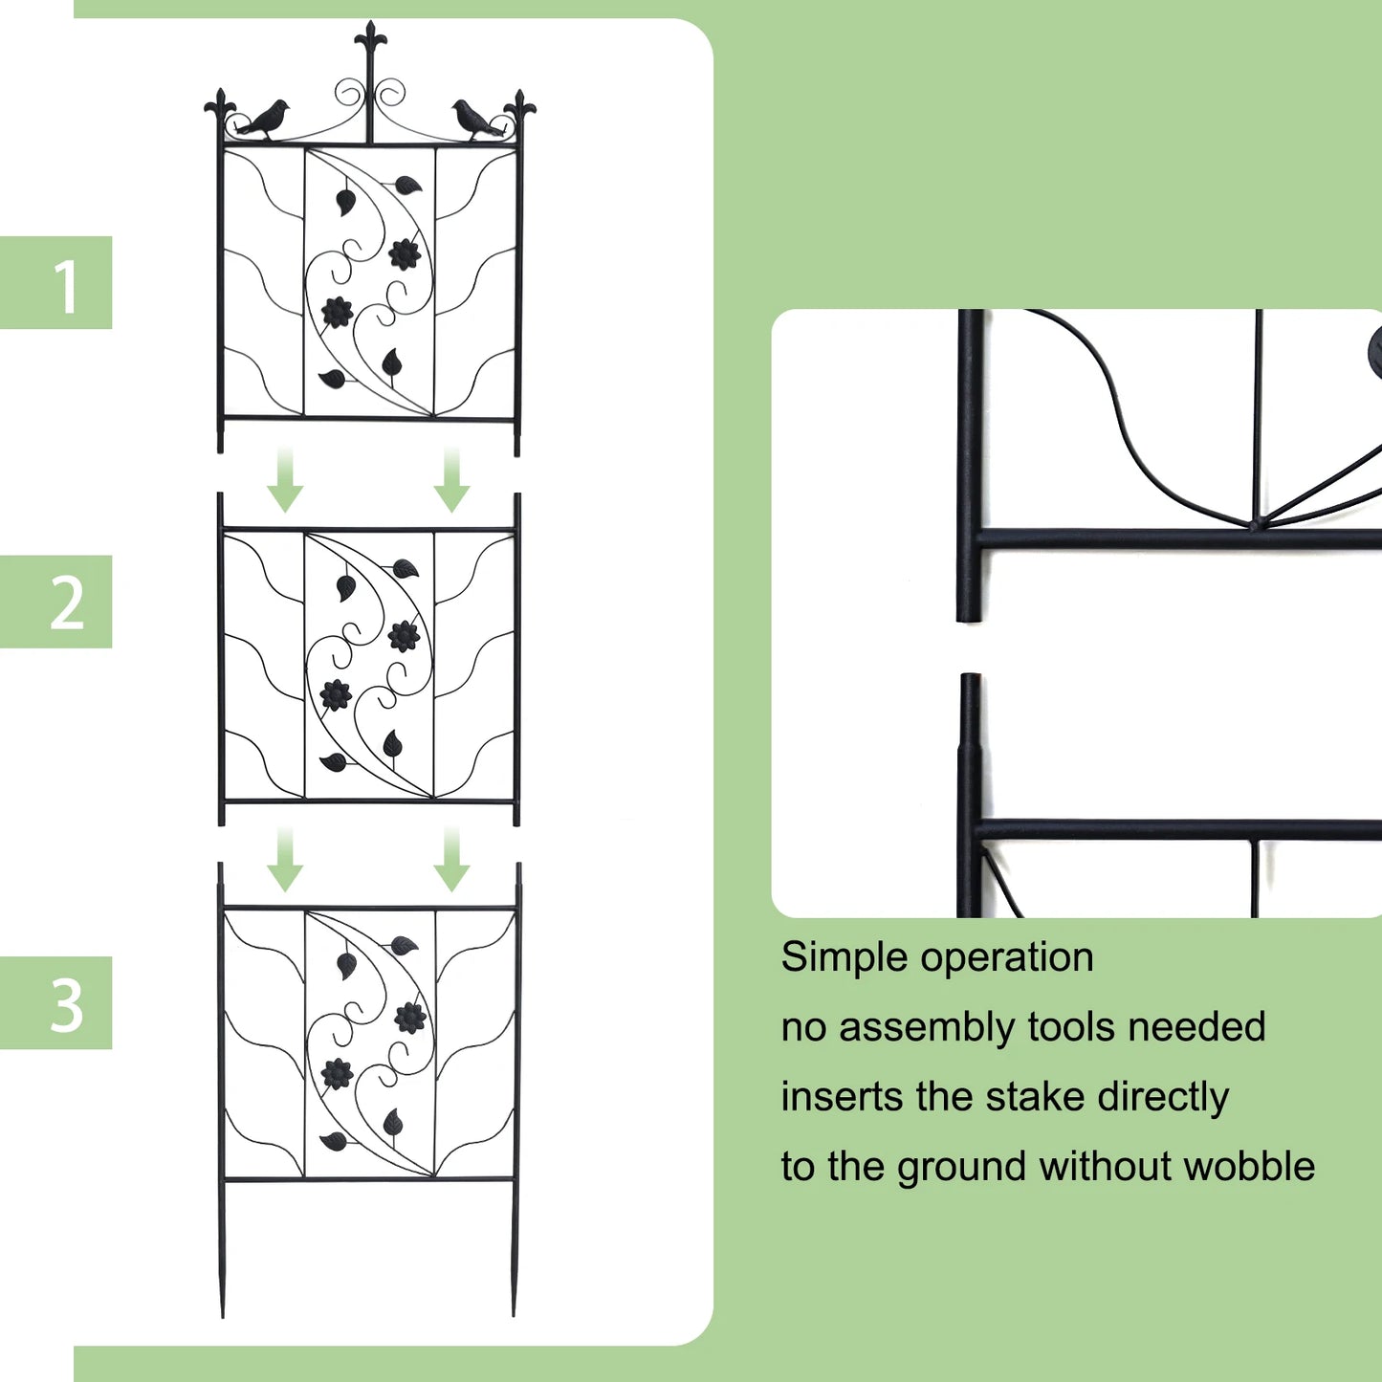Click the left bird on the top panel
point(263,120)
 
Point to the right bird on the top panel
point(474,120)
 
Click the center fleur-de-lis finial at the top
point(370,43)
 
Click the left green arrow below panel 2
point(285,860)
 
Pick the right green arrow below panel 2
point(451,860)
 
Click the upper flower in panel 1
point(406,253)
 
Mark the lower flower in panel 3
point(337,1074)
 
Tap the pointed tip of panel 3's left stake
point(223,1314)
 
